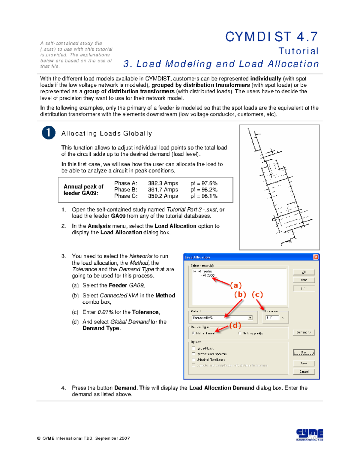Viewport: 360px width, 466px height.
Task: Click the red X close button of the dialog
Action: pyautogui.click(x=315, y=257)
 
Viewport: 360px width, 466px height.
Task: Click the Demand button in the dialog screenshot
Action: pyautogui.click(x=304, y=332)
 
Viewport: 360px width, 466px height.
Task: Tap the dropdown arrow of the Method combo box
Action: pyautogui.click(x=250, y=318)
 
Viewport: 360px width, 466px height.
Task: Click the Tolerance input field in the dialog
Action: pyautogui.click(x=272, y=317)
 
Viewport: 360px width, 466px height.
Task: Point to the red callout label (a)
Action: pyautogui.click(x=236, y=285)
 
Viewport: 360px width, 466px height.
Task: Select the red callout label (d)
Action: pyautogui.click(x=235, y=326)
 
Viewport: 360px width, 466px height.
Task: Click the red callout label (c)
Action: pyautogui.click(x=257, y=295)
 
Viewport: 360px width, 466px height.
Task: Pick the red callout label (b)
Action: pyautogui.click(x=240, y=295)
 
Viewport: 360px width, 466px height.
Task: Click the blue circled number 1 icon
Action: pyautogui.click(x=49, y=133)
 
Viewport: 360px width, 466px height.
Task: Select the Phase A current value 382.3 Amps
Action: pyautogui.click(x=163, y=183)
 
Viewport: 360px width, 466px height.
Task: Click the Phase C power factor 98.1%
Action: pyautogui.click(x=204, y=196)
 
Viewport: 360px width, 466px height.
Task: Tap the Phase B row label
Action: pyautogui.click(x=126, y=190)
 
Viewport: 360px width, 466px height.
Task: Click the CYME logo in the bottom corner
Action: pyautogui.click(x=310, y=434)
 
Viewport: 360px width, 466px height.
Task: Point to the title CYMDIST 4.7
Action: pyautogui.click(x=271, y=37)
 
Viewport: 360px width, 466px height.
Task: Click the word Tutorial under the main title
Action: pyautogui.click(x=298, y=51)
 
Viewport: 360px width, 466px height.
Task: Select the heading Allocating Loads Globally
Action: pyautogui.click(x=106, y=134)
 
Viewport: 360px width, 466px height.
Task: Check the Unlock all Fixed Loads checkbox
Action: pyautogui.click(x=193, y=359)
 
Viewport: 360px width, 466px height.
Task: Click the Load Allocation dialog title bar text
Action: pyautogui.click(x=197, y=257)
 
